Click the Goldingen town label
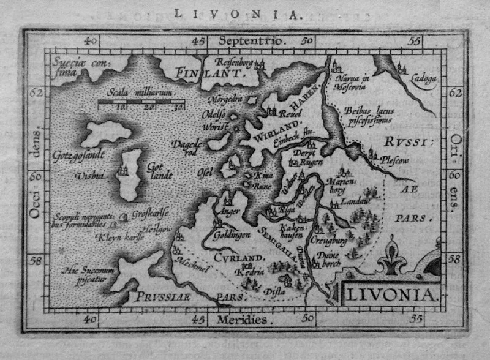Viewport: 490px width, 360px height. (x=232, y=234)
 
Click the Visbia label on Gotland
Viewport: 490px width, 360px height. (x=89, y=176)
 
